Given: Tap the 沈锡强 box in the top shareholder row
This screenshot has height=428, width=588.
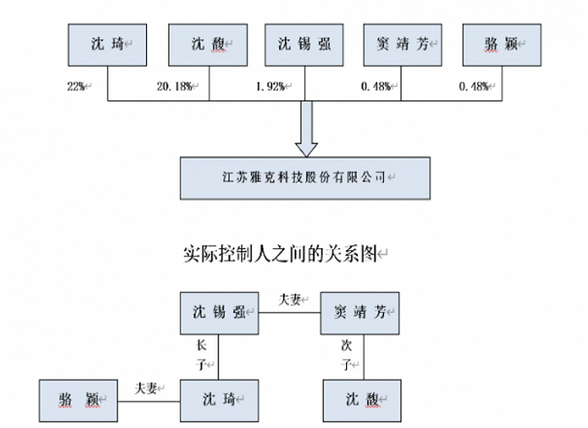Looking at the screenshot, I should coord(304,44).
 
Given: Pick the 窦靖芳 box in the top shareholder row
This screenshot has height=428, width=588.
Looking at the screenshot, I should coord(402,44).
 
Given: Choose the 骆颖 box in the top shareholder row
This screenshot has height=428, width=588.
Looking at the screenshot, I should coord(499,44).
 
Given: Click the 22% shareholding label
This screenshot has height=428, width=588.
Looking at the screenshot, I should coord(76,86).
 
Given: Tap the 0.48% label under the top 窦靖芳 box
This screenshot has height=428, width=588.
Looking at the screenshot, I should coord(376,86).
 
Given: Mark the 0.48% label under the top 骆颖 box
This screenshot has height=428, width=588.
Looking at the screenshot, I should coord(474,86).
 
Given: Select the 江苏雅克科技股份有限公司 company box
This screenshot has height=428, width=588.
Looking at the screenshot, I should coord(305,177).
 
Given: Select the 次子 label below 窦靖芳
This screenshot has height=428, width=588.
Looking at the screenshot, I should coord(345,355).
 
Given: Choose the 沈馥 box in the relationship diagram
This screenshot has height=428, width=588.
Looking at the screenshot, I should coord(361,400).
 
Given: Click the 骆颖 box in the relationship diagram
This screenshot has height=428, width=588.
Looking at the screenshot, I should coord(77,400).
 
